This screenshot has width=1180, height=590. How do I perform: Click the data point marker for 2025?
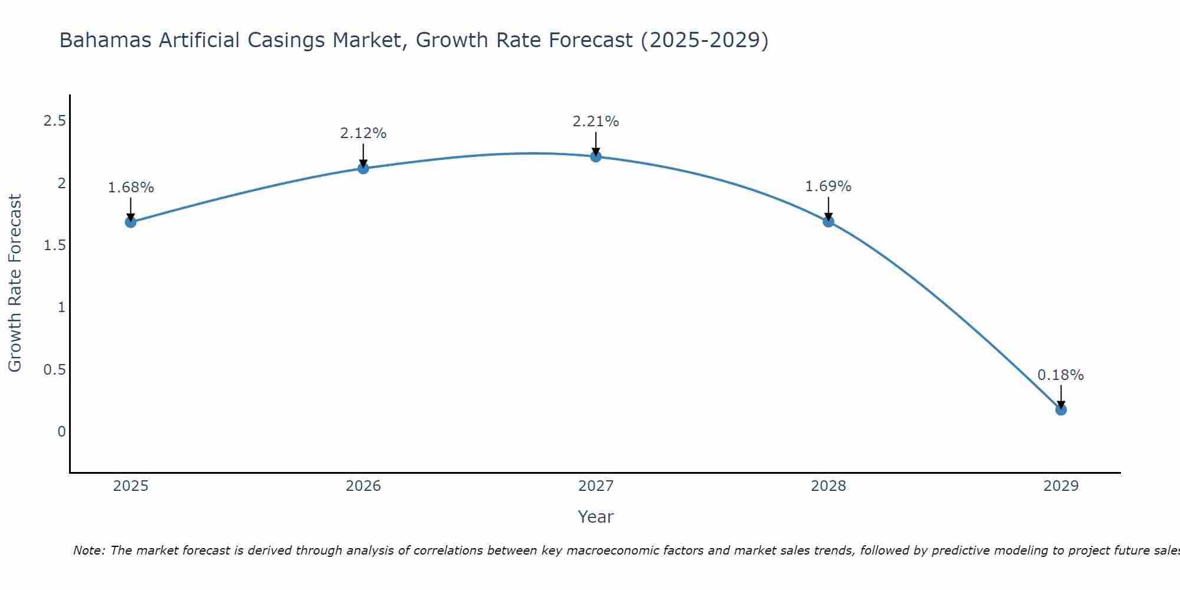pos(130,222)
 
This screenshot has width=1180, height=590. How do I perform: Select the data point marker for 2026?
pos(363,168)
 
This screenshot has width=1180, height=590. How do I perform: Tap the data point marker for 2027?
pos(596,156)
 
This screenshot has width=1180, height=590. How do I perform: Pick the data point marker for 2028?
pos(828,221)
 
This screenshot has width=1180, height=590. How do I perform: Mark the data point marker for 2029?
pos(1061,409)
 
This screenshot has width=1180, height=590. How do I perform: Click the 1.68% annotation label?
pos(130,188)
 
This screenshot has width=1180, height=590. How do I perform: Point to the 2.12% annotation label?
pos(363,133)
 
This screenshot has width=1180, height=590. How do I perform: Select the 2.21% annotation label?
pos(596,122)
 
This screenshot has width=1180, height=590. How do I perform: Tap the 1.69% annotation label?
pos(828,186)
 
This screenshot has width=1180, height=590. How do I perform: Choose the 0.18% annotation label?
pos(1061,375)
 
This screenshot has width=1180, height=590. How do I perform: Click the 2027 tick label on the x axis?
pos(596,486)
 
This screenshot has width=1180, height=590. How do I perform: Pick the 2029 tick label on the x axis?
pos(1061,486)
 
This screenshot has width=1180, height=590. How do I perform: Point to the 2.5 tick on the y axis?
pos(54,121)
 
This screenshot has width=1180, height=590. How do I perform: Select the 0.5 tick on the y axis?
pos(54,369)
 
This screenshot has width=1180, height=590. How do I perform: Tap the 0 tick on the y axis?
pos(61,432)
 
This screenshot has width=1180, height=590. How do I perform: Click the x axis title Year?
pos(596,517)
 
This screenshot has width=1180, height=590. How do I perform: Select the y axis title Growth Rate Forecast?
pos(15,283)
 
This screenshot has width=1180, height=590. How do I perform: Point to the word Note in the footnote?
pos(88,550)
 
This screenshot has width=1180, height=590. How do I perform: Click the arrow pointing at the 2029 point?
pos(1061,396)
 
